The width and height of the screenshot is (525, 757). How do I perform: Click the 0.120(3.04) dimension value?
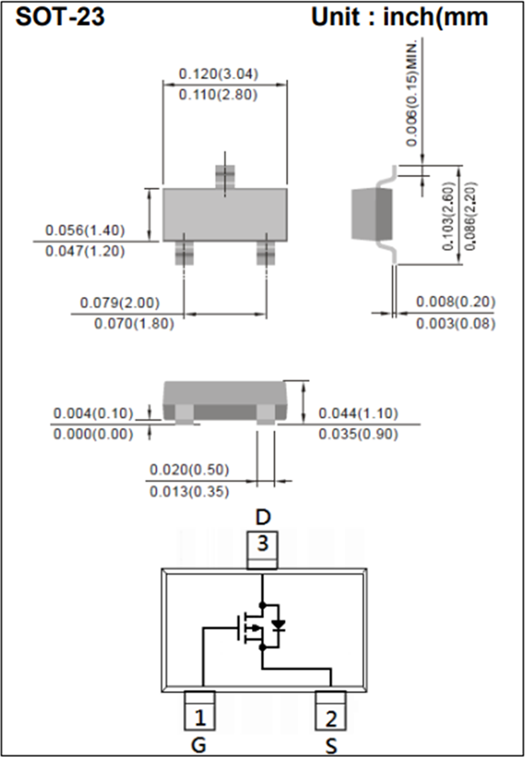pyautogui.click(x=218, y=74)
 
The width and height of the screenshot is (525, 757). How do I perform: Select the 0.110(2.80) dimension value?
pyautogui.click(x=218, y=95)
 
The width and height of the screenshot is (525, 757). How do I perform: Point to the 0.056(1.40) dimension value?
pyautogui.click(x=85, y=230)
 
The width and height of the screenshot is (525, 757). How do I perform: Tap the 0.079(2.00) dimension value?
pyautogui.click(x=120, y=303)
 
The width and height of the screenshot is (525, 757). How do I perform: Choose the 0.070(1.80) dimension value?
pyautogui.click(x=134, y=324)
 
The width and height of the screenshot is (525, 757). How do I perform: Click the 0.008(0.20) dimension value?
pyautogui.click(x=456, y=303)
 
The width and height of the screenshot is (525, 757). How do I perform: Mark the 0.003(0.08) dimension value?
pyautogui.click(x=456, y=324)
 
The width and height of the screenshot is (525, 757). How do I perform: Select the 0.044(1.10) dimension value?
pyautogui.click(x=358, y=414)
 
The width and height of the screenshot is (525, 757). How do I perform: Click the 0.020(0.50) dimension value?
pyautogui.click(x=189, y=470)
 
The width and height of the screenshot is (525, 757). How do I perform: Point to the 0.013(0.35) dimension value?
pyautogui.click(x=189, y=492)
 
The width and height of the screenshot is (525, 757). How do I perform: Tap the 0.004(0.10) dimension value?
pyautogui.click(x=93, y=414)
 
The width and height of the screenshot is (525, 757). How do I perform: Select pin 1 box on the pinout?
pyautogui.click(x=199, y=717)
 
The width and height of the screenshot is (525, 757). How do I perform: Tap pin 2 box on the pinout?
pyautogui.click(x=331, y=717)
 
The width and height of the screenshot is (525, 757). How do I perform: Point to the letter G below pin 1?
pyautogui.click(x=199, y=746)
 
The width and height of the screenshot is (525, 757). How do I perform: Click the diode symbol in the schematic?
pyautogui.click(x=278, y=626)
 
